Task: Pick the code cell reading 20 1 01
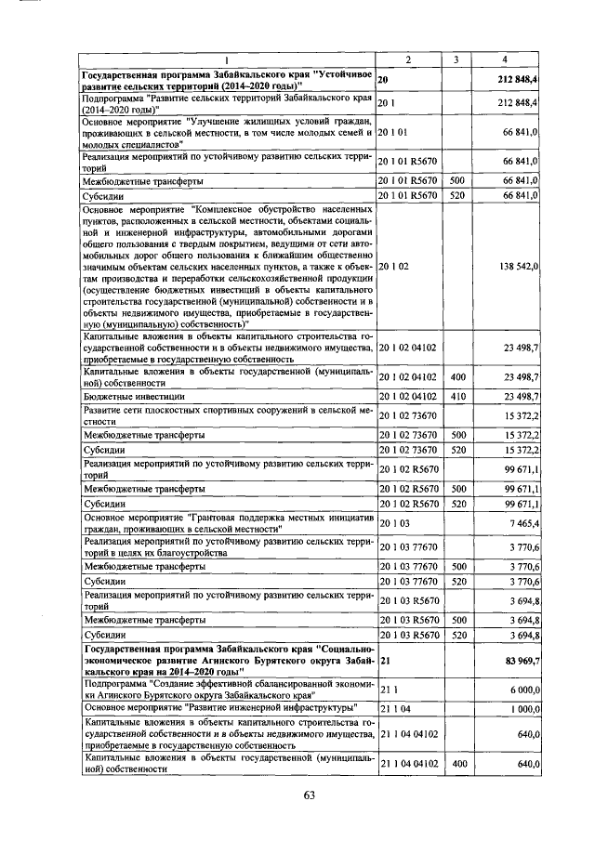click(394, 133)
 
